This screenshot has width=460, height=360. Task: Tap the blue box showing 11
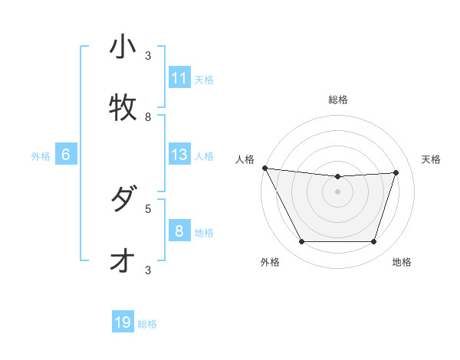(x=179, y=78)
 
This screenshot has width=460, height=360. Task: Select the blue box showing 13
(x=179, y=155)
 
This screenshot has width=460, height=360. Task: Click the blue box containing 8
(x=179, y=231)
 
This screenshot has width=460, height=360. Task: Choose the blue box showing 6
(x=66, y=155)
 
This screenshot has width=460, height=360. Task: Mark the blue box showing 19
(x=123, y=322)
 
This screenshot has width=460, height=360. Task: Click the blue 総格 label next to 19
(x=147, y=324)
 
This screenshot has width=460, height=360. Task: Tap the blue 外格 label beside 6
(x=41, y=156)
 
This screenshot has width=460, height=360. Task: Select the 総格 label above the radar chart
(x=338, y=100)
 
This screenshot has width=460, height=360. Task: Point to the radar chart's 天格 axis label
(x=431, y=159)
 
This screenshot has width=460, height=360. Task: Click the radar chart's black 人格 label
(x=245, y=159)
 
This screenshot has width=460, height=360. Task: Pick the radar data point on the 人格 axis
(x=264, y=168)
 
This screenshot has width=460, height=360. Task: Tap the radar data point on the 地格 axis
(x=374, y=242)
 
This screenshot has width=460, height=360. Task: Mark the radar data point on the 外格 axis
(x=301, y=242)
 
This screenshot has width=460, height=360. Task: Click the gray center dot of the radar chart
(x=338, y=191)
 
